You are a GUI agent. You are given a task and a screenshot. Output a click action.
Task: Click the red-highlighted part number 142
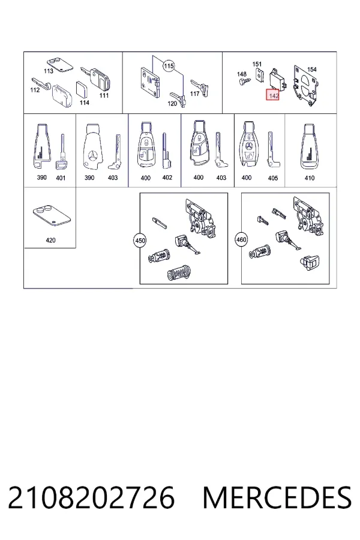(x=272, y=95)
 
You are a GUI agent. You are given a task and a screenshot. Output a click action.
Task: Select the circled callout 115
(x=169, y=66)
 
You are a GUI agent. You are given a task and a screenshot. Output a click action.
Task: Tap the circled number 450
(x=140, y=240)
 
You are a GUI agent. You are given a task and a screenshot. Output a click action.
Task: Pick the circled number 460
(x=241, y=239)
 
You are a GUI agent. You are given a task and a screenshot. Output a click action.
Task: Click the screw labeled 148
(x=245, y=82)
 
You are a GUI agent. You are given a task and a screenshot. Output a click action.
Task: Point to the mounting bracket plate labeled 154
(x=305, y=86)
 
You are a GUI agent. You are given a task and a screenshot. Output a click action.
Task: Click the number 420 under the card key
(x=50, y=240)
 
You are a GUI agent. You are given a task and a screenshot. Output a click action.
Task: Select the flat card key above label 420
(x=52, y=215)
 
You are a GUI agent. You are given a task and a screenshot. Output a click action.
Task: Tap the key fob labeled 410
(x=309, y=147)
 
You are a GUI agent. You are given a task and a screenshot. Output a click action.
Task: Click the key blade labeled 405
(x=273, y=149)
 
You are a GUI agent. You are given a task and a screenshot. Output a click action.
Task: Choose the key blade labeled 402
(x=167, y=151)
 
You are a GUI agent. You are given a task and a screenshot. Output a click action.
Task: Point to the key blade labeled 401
(x=61, y=152)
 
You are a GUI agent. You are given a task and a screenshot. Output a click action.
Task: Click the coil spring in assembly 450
(x=179, y=273)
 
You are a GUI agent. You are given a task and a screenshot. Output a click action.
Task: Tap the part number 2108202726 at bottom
(x=91, y=497)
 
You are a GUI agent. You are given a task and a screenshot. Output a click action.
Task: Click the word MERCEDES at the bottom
(x=277, y=497)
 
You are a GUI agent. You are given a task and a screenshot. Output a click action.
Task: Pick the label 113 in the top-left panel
(x=49, y=71)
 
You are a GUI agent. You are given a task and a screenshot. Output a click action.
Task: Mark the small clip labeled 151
(x=260, y=76)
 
